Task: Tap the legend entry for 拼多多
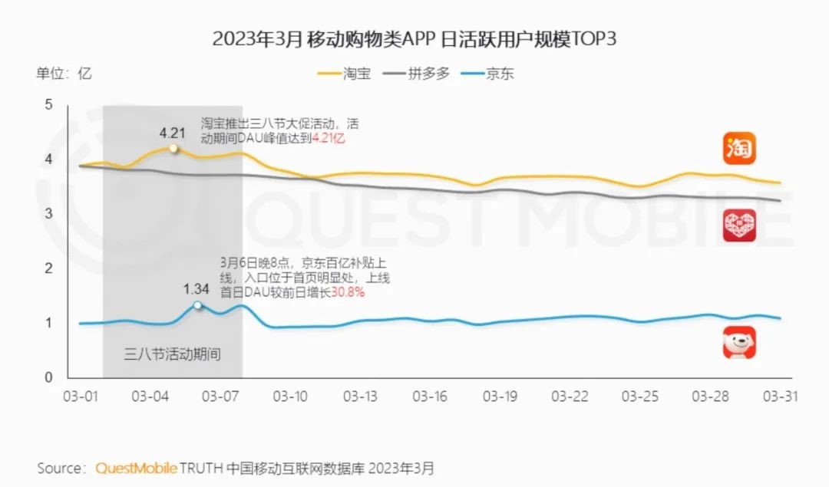tap(418, 74)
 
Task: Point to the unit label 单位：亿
tap(64, 74)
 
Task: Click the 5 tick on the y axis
tap(48, 104)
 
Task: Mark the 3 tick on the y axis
tap(48, 213)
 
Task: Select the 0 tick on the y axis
tap(48, 377)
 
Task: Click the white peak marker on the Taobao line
tap(173, 148)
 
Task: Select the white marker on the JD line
tap(197, 305)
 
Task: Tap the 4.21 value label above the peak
tap(173, 132)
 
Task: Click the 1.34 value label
tap(197, 289)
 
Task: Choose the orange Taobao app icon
tap(739, 148)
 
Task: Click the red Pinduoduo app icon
tap(739, 225)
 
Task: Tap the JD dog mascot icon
tap(739, 343)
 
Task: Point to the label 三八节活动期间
tap(172, 355)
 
